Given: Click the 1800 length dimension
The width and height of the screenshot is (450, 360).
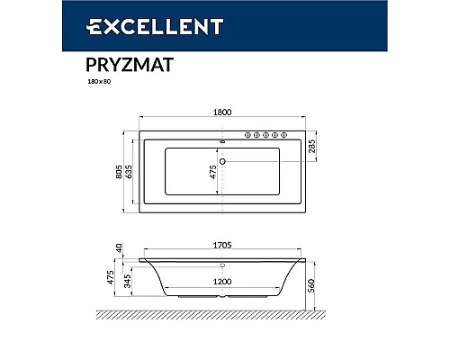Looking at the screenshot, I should [223, 112].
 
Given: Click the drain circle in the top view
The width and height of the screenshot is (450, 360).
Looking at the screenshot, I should [224, 163].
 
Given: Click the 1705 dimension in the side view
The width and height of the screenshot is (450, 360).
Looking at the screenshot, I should [224, 243].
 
